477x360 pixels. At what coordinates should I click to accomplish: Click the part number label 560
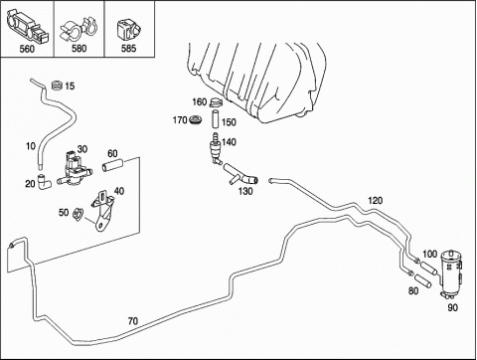(27, 49)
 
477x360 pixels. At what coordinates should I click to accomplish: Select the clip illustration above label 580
(79, 29)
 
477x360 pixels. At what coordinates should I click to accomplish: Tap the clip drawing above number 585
(128, 31)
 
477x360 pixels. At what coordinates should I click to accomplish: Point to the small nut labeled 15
(58, 86)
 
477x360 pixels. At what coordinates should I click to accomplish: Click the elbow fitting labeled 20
(44, 182)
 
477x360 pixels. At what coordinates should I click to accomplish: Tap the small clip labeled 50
(79, 215)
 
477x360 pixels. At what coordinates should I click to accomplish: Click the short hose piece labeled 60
(112, 165)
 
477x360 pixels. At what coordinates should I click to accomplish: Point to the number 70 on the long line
(133, 321)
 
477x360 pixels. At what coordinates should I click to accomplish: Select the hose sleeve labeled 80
(423, 280)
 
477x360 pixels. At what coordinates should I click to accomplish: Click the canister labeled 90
(451, 273)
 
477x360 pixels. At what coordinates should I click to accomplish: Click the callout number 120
(375, 200)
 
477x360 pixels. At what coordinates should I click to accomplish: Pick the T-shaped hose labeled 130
(240, 175)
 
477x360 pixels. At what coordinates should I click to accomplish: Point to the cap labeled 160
(216, 102)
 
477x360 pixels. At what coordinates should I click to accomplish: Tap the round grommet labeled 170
(197, 120)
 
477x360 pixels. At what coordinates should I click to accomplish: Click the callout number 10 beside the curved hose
(31, 146)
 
